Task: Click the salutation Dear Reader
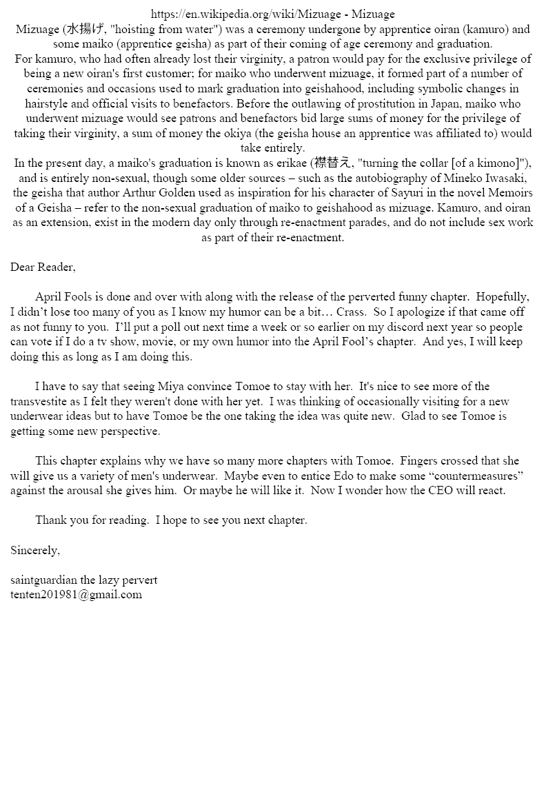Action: click(43, 267)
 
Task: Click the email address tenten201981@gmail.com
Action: click(76, 595)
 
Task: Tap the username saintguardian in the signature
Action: click(44, 580)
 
